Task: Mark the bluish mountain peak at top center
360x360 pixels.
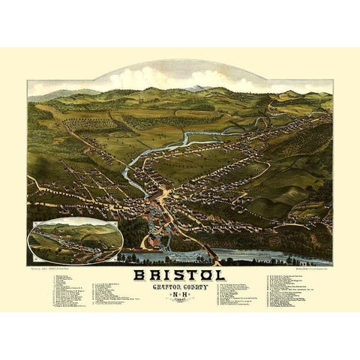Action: click(196, 88)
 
